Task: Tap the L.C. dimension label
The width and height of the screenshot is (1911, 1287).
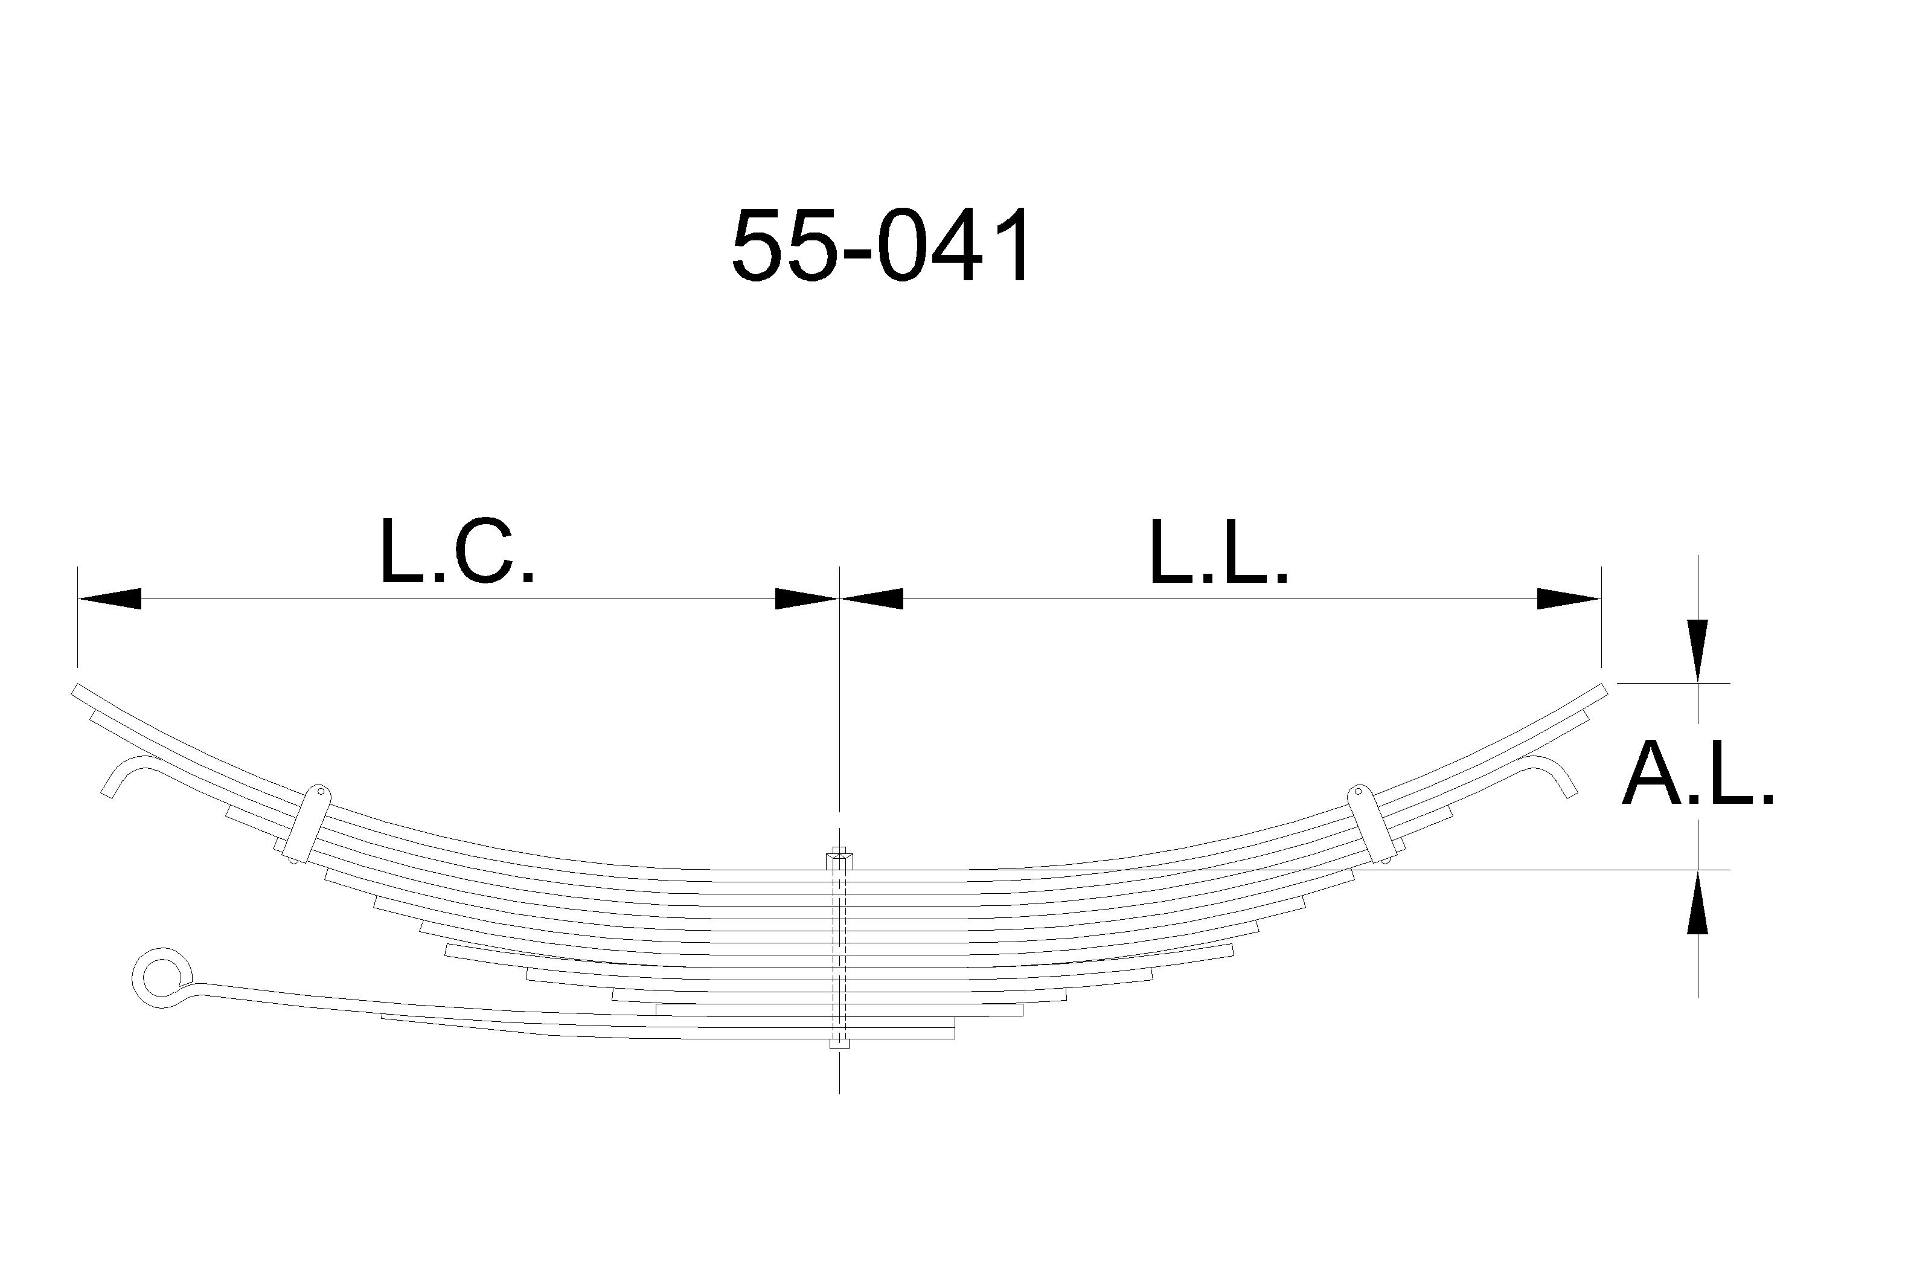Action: coord(458,551)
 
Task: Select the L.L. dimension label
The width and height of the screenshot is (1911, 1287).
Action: coord(1219,551)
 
